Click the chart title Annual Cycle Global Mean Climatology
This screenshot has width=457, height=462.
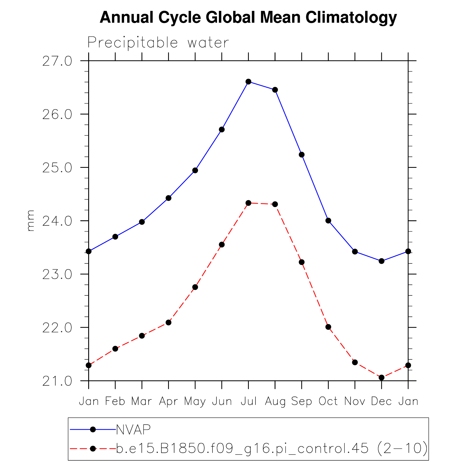(248, 18)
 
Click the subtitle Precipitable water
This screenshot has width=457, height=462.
(158, 43)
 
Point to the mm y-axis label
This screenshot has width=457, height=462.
(31, 221)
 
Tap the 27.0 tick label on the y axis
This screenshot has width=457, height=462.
(57, 61)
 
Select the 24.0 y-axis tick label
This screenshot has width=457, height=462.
(57, 221)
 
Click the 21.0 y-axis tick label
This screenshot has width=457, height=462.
(57, 381)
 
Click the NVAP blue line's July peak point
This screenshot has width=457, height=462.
(249, 81)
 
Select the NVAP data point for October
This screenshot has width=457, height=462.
(328, 220)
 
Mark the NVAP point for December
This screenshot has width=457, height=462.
(382, 261)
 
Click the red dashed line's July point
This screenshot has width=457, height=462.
(249, 203)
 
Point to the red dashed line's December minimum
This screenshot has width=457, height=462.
(382, 377)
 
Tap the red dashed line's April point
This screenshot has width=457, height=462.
(168, 323)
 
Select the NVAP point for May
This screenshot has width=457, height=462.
(195, 170)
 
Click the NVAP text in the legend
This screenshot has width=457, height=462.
(133, 430)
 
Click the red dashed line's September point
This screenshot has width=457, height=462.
(302, 262)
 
